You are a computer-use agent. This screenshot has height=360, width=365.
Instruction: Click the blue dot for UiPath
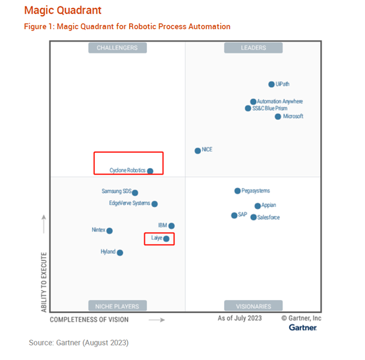tap(271, 84)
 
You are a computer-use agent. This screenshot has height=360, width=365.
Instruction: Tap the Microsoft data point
tap(278, 117)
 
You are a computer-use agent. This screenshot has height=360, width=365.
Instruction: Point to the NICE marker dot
tap(198, 151)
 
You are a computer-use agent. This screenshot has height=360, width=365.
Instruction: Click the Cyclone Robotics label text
tap(127, 171)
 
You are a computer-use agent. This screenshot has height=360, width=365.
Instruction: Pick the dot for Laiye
tap(167, 239)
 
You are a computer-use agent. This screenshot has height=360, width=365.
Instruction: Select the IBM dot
tap(171, 226)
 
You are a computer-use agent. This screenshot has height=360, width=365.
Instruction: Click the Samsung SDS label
tap(116, 192)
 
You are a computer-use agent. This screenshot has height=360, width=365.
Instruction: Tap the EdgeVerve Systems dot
tap(155, 204)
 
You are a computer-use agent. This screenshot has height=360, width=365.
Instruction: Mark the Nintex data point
tap(109, 231)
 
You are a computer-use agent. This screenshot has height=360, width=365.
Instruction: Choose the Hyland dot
tap(120, 253)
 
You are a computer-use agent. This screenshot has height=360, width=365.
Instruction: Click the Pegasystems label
tap(256, 191)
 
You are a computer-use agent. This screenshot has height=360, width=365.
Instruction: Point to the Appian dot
tap(258, 206)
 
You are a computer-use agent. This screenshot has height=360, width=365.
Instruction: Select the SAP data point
tap(234, 216)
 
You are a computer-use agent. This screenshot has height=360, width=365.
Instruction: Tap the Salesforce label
tap(268, 217)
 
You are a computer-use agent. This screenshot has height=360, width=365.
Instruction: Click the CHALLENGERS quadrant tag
tap(117, 48)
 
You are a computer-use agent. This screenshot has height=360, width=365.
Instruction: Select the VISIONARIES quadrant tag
tap(254, 306)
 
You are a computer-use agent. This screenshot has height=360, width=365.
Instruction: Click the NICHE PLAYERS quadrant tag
tap(117, 306)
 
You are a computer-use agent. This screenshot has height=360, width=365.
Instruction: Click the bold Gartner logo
tap(302, 328)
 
